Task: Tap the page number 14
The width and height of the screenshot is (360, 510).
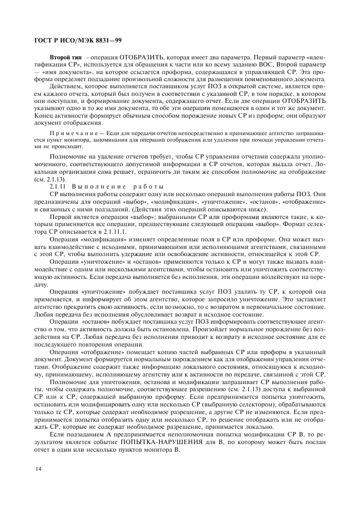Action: (39, 468)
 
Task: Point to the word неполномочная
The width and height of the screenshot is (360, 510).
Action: (172, 435)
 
